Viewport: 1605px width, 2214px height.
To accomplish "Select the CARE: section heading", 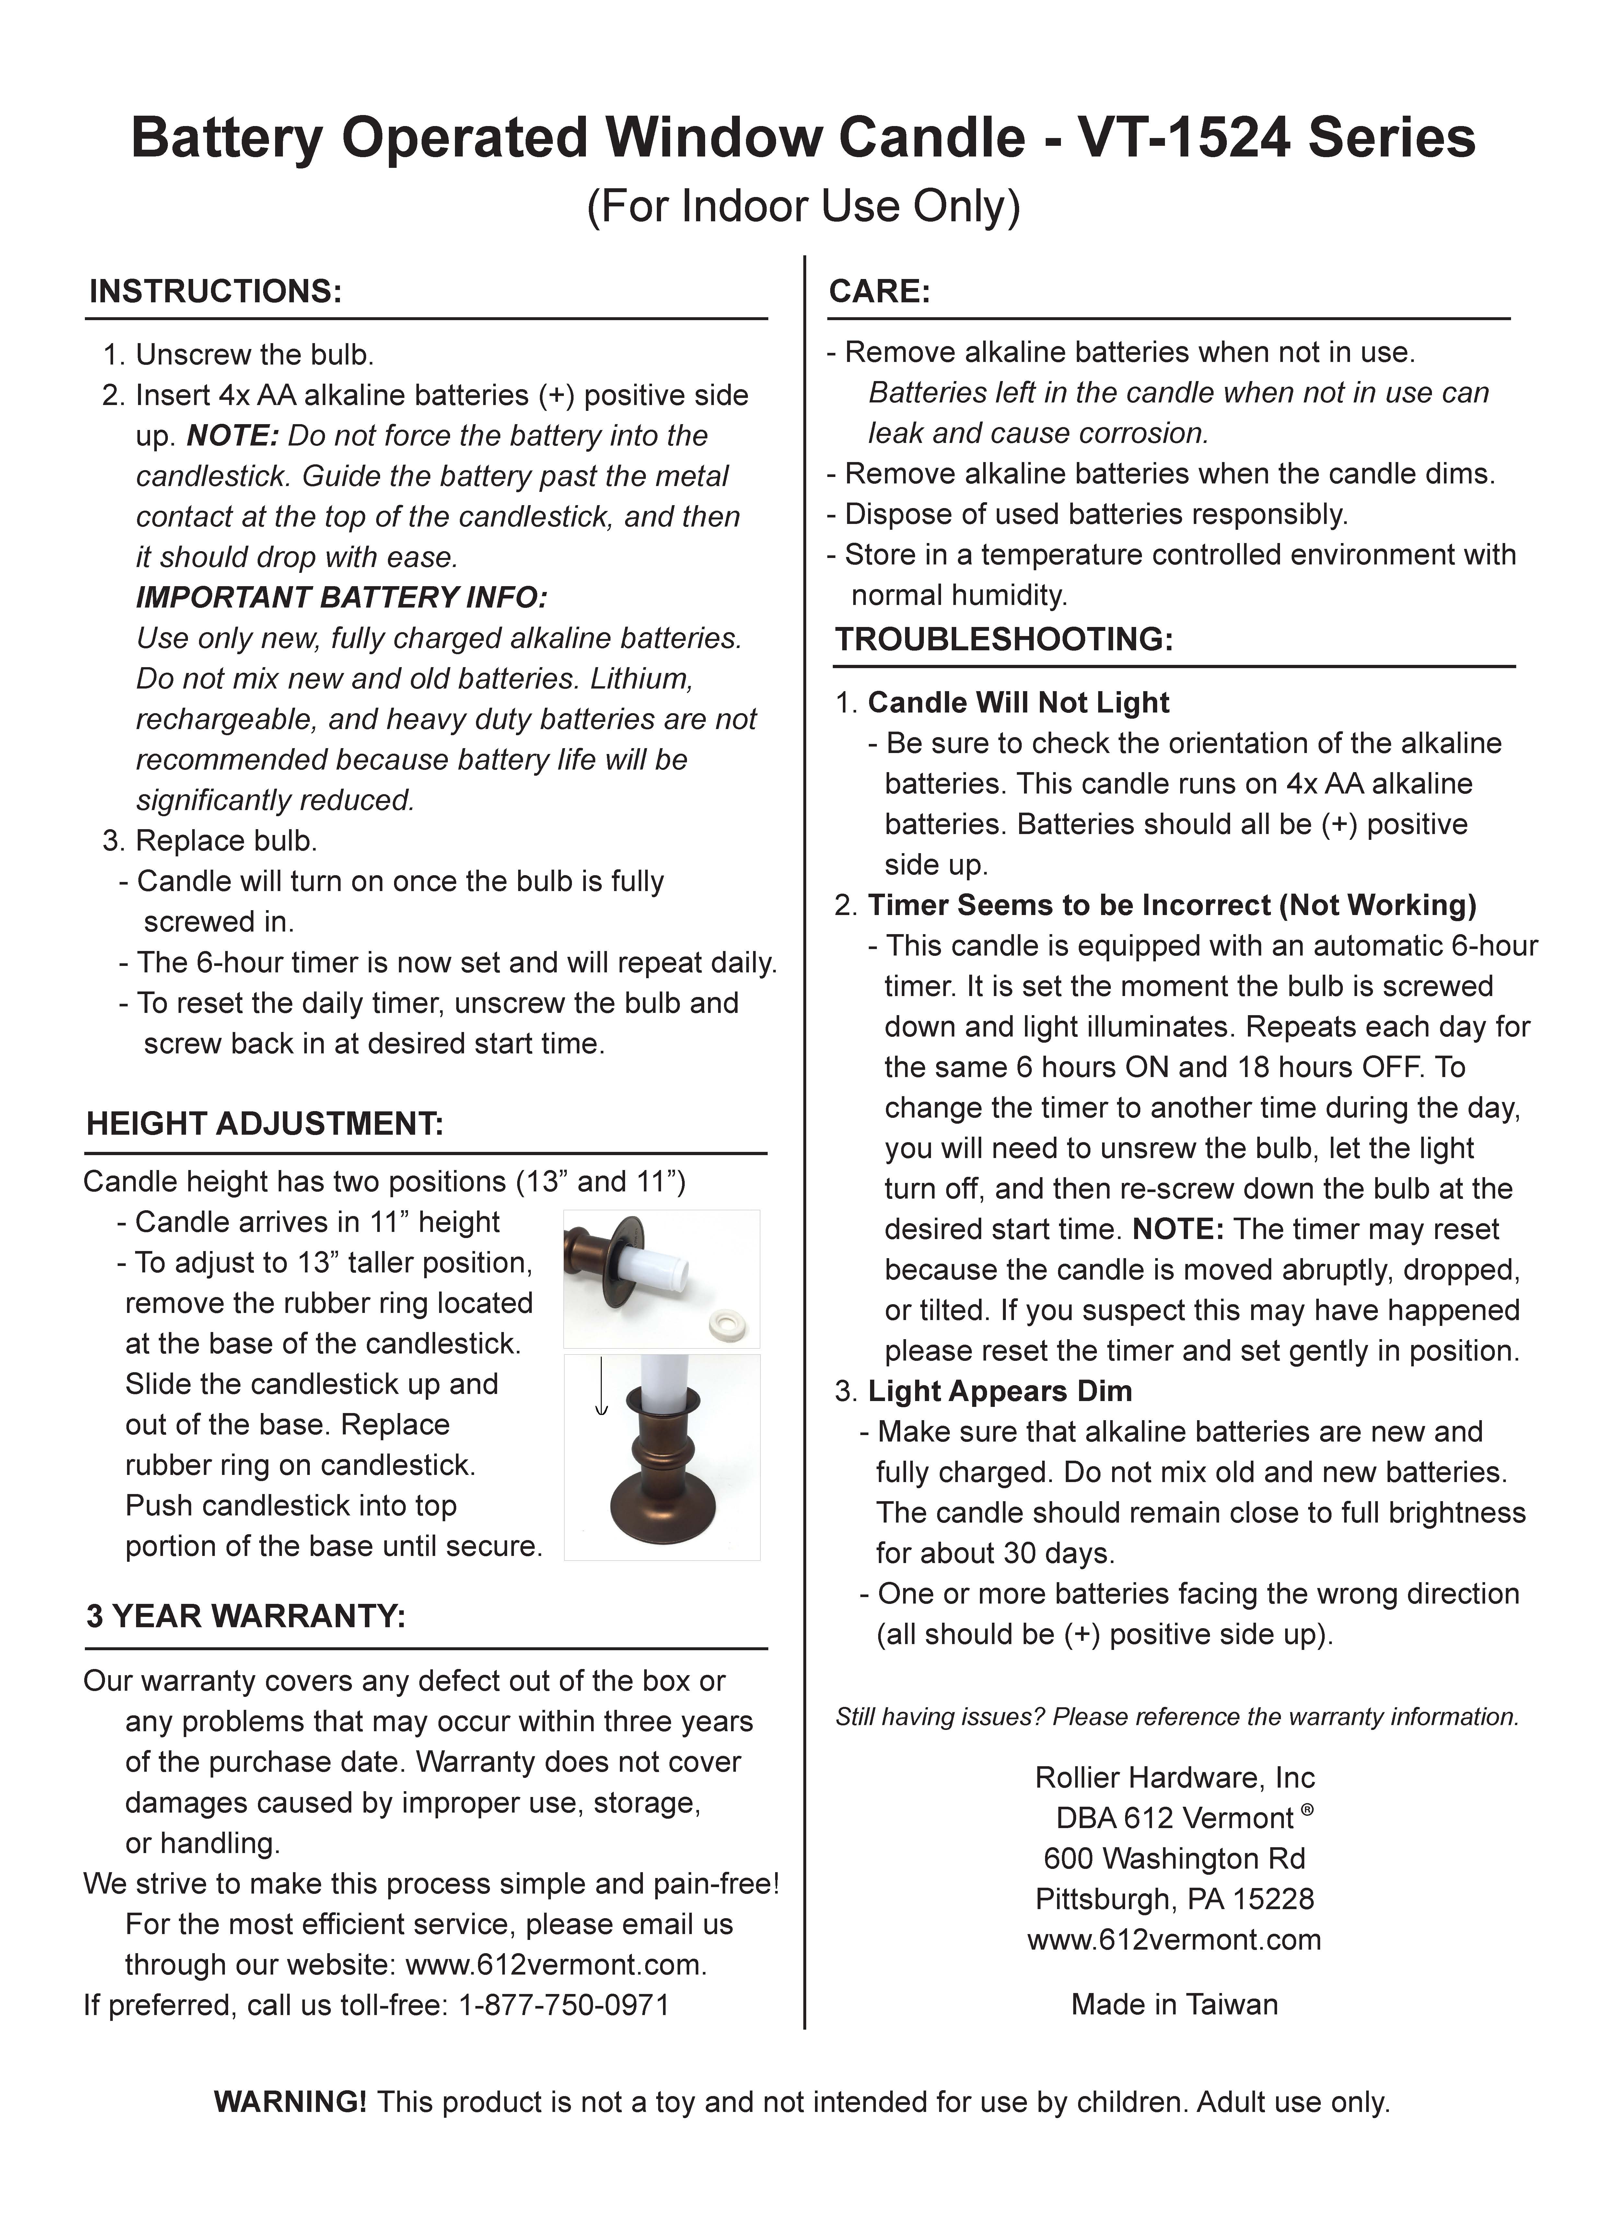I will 878,292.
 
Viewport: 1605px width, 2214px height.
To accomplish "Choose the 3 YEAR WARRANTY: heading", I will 246,1617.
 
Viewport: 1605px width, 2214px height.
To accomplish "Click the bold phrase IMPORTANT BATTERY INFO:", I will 342,597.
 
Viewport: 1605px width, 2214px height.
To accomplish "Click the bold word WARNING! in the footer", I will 290,2102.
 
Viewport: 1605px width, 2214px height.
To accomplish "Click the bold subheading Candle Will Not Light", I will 1018,703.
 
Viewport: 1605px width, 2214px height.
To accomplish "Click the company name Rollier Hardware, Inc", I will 1174,1778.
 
